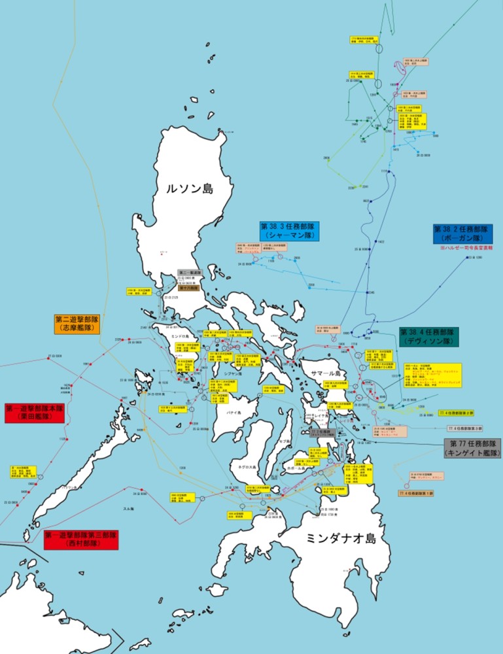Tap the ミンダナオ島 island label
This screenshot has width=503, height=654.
341,539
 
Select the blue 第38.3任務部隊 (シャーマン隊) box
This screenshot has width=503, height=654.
288,231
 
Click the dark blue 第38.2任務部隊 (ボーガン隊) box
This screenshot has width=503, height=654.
463,234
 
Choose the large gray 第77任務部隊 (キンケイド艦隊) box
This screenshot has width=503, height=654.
472,448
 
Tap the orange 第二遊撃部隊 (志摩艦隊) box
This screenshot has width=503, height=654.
77,324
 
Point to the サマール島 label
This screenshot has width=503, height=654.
325,371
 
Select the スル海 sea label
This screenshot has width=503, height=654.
129,508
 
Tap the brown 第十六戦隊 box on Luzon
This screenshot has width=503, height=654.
189,287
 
